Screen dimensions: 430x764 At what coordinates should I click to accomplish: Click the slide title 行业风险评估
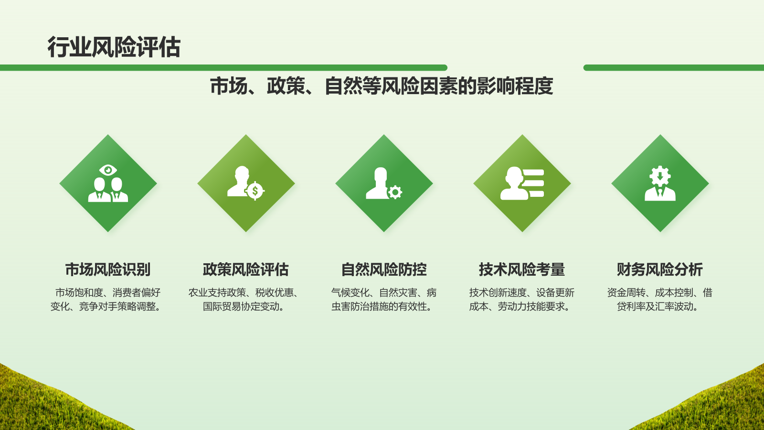114,47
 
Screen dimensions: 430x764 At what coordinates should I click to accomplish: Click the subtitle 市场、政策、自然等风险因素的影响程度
382,86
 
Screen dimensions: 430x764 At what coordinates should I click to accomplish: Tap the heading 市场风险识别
108,269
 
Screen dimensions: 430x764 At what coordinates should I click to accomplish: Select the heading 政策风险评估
246,269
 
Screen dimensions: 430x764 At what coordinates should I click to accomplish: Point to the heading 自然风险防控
384,269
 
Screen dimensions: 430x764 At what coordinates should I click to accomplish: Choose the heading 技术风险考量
522,269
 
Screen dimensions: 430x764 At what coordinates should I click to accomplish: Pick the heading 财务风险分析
660,269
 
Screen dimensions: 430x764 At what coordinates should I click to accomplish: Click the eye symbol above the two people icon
108,170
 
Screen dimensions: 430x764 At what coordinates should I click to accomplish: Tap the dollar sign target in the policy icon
255,191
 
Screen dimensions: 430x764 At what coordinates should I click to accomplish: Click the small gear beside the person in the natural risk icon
395,192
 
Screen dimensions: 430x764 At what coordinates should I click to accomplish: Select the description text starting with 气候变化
384,300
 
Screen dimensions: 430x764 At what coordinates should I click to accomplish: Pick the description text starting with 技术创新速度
522,300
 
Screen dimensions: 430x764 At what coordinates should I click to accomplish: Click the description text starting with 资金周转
660,300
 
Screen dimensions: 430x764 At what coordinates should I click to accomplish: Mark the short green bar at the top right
673,68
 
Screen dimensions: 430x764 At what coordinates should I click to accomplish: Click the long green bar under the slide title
223,68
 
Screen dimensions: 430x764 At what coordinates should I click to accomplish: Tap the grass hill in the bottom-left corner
43,404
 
